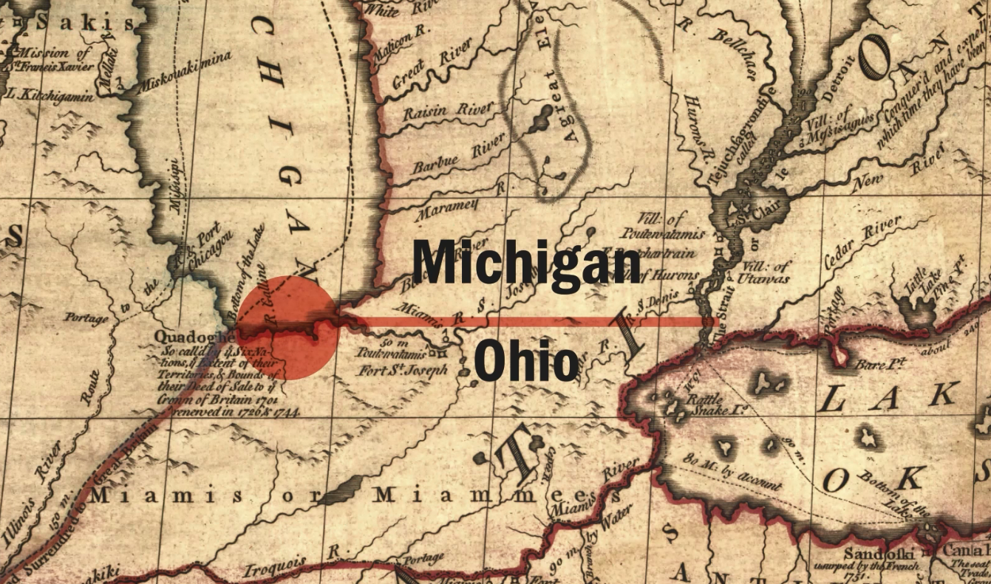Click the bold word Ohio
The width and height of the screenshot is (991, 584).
(x=526, y=361)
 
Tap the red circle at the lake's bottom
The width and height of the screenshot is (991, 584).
(x=289, y=328)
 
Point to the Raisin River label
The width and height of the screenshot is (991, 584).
(x=448, y=111)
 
